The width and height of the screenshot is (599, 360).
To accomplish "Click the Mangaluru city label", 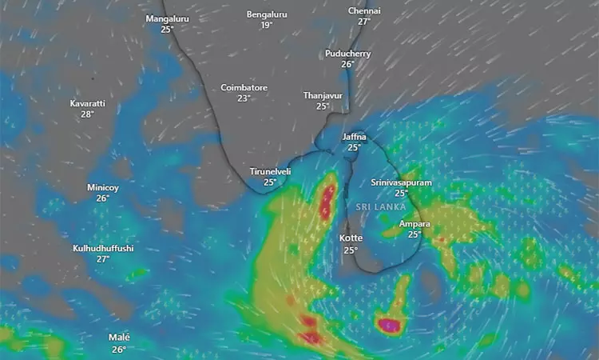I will point(167,18).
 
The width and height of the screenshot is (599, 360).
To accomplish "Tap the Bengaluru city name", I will point(267,14).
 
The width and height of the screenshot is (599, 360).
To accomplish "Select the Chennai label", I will point(364,11).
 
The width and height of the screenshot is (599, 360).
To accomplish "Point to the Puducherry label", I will point(348,54).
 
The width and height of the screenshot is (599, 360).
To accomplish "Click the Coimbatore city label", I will point(244,87).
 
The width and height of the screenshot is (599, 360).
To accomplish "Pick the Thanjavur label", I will point(323,95).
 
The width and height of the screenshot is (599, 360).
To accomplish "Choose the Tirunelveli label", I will point(270,172).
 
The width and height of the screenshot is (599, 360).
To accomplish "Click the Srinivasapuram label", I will point(401,183).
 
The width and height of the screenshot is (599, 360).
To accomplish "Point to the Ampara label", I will point(415,224).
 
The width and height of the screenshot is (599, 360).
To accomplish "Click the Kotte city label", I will point(351,238).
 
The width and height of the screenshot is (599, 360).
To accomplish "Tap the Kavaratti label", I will point(87,104).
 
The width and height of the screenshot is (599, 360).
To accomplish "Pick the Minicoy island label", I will point(102,187).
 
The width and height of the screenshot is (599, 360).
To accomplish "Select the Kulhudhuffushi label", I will point(103,248).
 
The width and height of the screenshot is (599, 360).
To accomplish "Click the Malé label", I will point(119,338).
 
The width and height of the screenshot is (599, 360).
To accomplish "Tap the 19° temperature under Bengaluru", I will point(267,26).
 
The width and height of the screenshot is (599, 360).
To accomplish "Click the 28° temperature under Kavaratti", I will point(87,115).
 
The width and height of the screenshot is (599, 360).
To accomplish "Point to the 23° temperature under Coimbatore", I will point(244,98).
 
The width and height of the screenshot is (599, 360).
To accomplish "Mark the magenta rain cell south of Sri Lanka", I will point(389,325).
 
